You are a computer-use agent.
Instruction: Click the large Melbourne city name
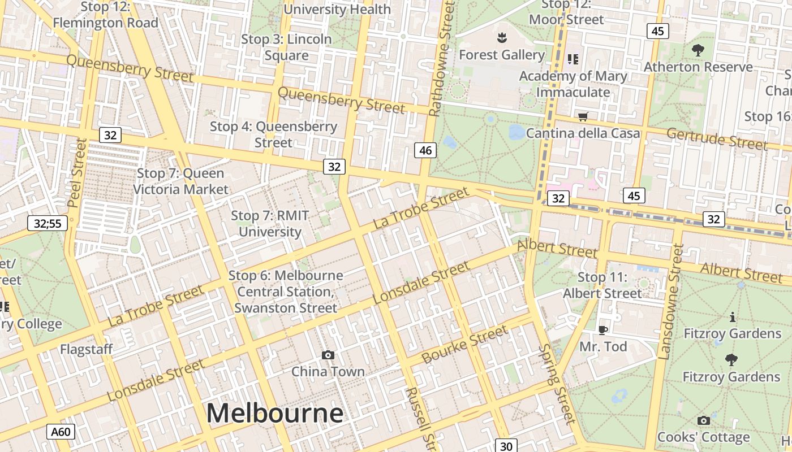(274, 413)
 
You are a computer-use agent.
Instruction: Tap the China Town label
(328, 371)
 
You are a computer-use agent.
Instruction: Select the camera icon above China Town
(328, 355)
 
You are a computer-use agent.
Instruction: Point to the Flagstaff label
(87, 349)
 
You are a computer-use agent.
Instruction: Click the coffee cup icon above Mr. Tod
(603, 330)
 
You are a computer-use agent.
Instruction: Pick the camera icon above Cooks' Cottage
(703, 420)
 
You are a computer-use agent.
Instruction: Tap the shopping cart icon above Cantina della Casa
(583, 117)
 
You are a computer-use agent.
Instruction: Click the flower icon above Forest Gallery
(501, 38)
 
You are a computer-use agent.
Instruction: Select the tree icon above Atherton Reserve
(698, 50)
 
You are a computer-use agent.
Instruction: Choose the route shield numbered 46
(425, 150)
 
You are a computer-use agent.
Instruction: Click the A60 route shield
(61, 432)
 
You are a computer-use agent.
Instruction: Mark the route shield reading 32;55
(48, 223)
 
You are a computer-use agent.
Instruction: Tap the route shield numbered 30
(506, 446)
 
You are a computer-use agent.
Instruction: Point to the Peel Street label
(78, 172)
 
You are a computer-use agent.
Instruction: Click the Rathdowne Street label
(441, 59)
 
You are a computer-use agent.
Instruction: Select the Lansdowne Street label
(672, 302)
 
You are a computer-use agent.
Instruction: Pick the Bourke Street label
(464, 345)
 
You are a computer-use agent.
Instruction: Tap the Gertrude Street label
(717, 139)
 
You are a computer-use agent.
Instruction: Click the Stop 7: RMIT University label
(270, 223)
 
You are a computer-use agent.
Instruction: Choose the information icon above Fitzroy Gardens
(733, 317)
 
